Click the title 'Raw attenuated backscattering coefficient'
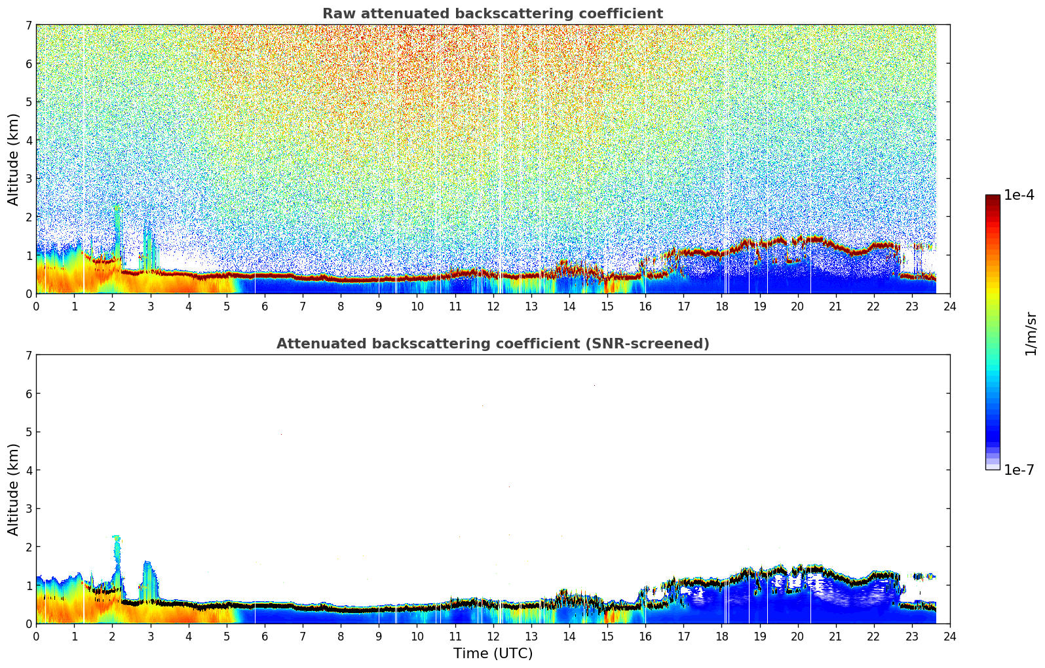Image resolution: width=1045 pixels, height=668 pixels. click(492, 14)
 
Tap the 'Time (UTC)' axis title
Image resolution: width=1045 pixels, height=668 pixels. click(493, 653)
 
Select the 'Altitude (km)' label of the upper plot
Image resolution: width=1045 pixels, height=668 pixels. click(13, 159)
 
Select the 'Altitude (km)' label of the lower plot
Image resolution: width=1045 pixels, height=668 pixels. click(13, 489)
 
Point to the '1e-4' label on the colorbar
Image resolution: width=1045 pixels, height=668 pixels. click(1019, 195)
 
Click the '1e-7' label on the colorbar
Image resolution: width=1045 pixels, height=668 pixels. click(1019, 470)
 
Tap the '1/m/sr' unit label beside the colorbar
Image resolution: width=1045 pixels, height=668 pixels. click(1031, 333)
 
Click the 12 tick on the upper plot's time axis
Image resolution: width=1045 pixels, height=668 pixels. click(493, 306)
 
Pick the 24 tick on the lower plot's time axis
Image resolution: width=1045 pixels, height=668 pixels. click(949, 636)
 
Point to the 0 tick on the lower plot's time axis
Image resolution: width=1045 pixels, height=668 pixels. click(36, 636)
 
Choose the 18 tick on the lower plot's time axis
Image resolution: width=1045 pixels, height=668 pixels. click(721, 636)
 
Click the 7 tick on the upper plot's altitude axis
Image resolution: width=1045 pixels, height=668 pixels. click(28, 25)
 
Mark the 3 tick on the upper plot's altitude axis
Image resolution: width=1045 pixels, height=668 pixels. click(28, 178)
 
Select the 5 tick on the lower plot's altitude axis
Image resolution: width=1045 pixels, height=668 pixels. click(28, 432)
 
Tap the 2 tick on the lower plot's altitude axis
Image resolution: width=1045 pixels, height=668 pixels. click(28, 547)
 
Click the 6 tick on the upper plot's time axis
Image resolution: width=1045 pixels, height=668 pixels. click(265, 306)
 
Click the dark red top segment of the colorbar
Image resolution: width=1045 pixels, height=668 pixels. click(992, 199)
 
